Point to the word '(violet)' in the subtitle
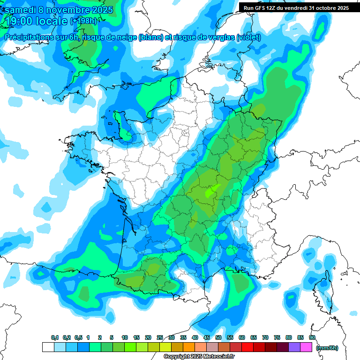point(248,37)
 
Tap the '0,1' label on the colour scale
point(55,337)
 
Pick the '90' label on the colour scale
point(312,337)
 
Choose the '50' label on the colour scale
point(218,337)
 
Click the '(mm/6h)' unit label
point(327,348)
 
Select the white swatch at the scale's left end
point(48,347)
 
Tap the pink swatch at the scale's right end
point(306,347)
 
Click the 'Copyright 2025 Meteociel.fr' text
point(199,356)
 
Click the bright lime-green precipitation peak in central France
point(212,191)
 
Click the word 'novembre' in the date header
point(68,10)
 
